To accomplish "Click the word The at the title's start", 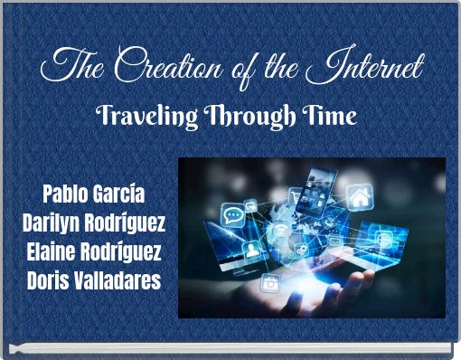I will [x=70, y=67].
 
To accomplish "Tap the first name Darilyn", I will [x=53, y=222].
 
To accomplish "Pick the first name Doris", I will [x=50, y=280].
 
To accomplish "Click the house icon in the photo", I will [x=360, y=195].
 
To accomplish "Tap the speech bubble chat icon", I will [x=232, y=213].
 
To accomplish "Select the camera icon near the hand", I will [x=270, y=282].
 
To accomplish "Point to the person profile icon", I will [x=250, y=251].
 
